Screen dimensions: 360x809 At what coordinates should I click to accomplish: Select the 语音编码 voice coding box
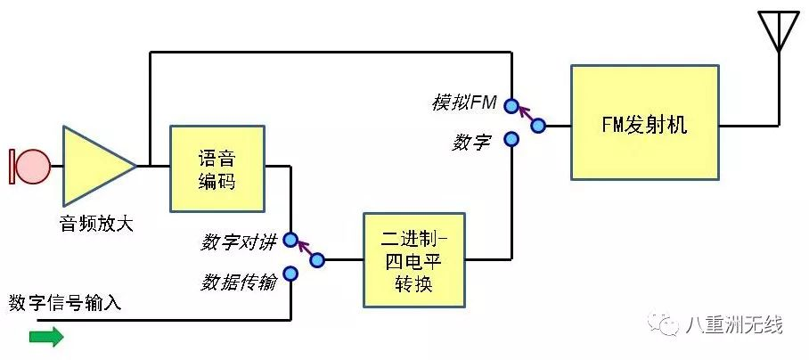(217, 168)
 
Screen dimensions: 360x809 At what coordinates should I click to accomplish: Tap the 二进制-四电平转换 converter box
(414, 260)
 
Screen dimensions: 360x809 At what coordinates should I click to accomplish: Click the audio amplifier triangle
(94, 165)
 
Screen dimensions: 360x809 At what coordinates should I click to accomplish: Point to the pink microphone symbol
(33, 165)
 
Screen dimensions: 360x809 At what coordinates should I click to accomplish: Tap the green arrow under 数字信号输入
(46, 336)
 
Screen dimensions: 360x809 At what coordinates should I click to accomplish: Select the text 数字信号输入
(65, 304)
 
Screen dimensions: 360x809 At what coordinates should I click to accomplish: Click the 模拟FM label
(463, 103)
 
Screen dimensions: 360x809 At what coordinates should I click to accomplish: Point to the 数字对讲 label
(239, 241)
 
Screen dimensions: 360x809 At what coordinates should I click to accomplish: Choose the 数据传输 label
(239, 282)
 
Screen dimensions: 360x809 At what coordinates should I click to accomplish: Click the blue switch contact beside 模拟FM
(511, 106)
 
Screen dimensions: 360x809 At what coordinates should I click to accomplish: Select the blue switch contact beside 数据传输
(290, 274)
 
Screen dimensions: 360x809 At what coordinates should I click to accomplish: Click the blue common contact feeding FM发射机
(538, 127)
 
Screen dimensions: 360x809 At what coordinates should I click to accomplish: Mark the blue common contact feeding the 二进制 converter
(317, 260)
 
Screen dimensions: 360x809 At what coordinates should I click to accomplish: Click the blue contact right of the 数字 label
(511, 139)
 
